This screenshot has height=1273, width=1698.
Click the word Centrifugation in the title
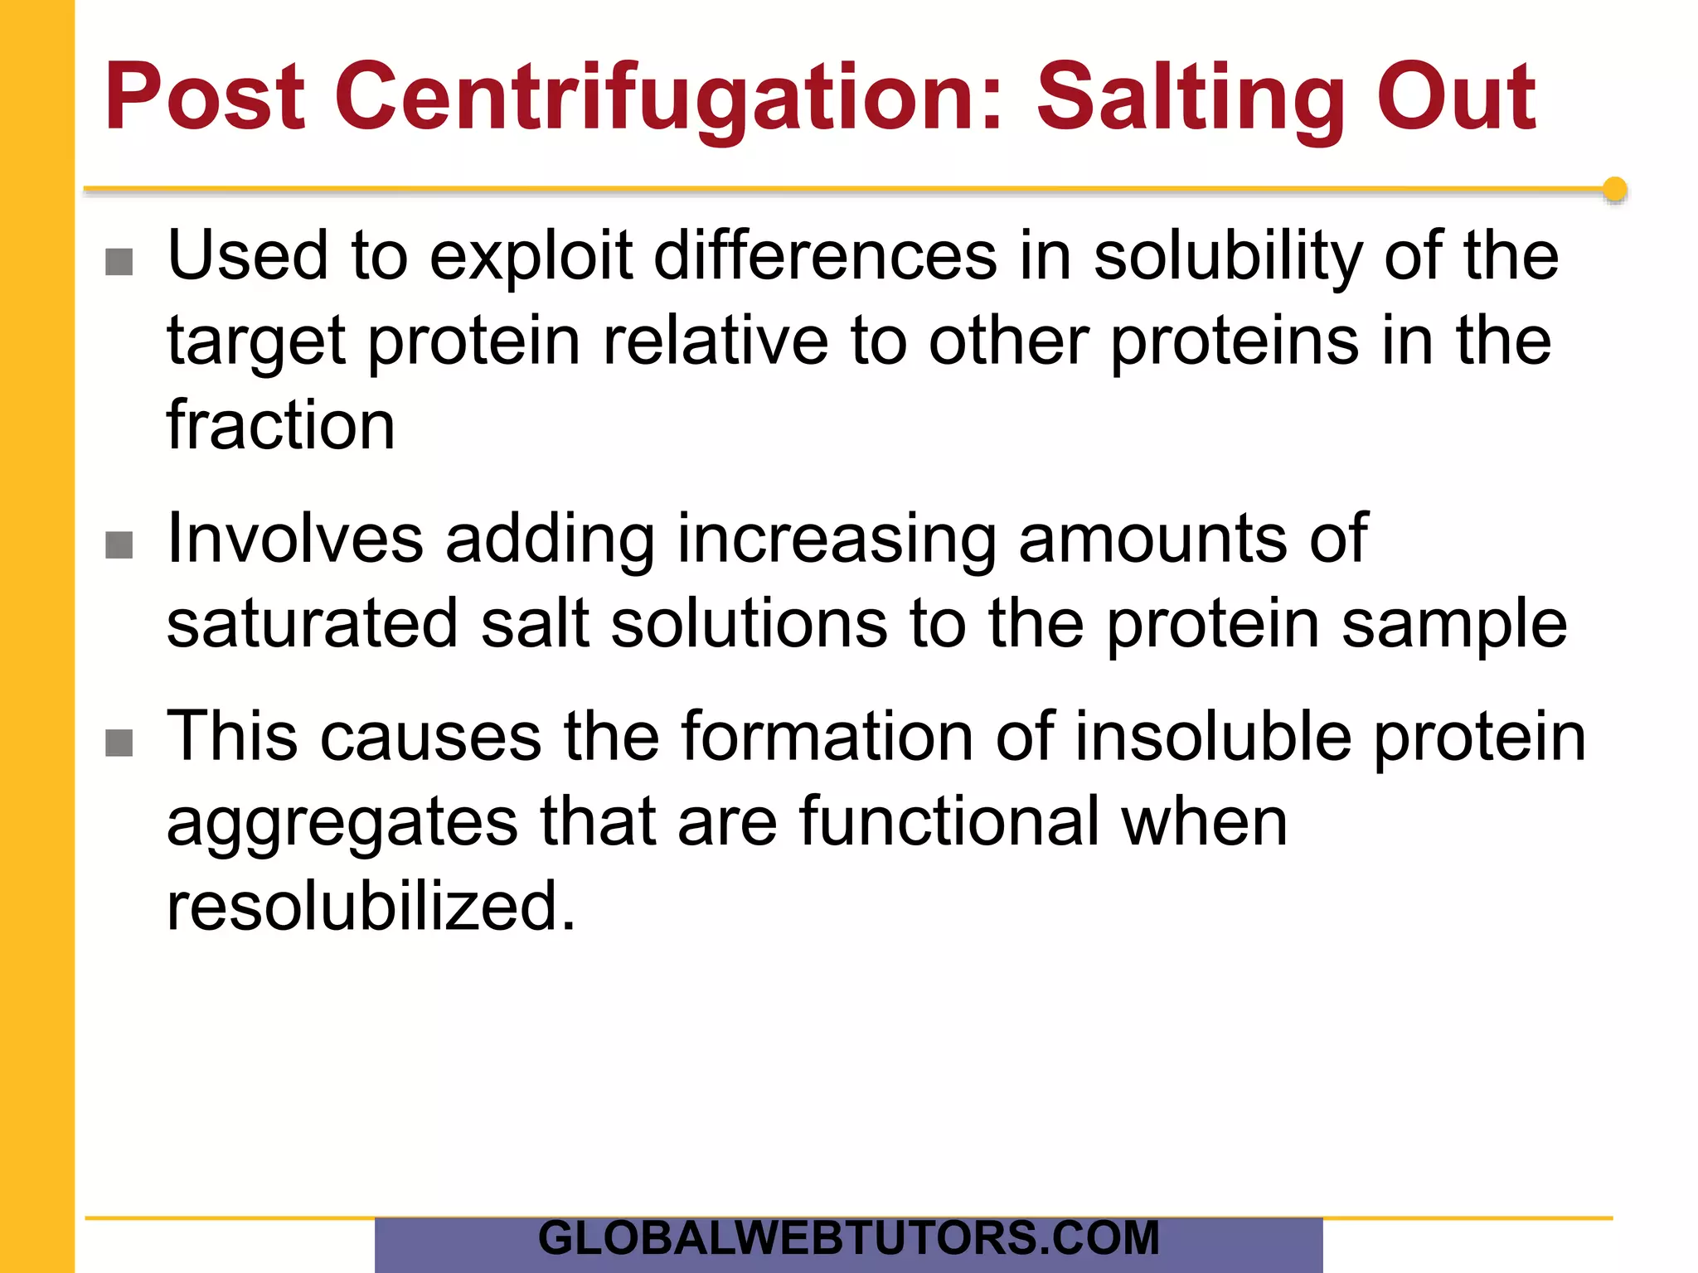coord(668,98)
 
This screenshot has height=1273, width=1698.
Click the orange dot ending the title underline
coord(1614,190)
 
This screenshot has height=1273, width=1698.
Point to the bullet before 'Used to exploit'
coord(119,262)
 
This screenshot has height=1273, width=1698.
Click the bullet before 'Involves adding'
coord(119,545)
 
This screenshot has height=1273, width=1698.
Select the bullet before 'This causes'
coord(119,743)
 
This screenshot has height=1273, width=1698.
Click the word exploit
coord(531,257)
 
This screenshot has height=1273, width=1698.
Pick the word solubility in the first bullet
coord(1228,257)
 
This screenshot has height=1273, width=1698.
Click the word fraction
coord(280,425)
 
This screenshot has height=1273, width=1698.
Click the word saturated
coord(313,623)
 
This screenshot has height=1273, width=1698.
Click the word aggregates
coord(342,824)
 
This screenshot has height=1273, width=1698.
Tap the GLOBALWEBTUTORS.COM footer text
coord(848,1238)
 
